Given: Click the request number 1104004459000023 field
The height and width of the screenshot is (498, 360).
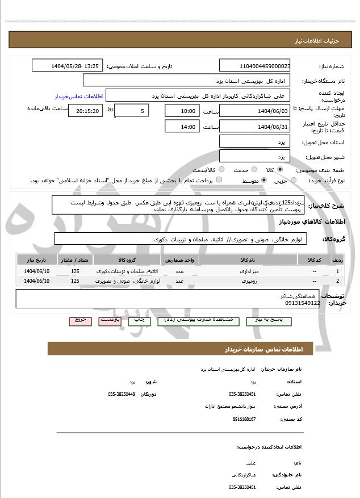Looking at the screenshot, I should click(255, 66).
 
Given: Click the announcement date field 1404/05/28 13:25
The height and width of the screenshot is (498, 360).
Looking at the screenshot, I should click(68, 66).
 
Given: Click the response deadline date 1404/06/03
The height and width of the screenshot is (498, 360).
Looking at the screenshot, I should click(255, 111).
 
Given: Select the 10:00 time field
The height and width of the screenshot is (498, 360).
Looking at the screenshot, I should click(181, 111).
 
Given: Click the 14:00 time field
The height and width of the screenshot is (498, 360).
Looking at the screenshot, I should click(181, 127).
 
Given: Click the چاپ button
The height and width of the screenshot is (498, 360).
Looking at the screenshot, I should click(140, 320).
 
